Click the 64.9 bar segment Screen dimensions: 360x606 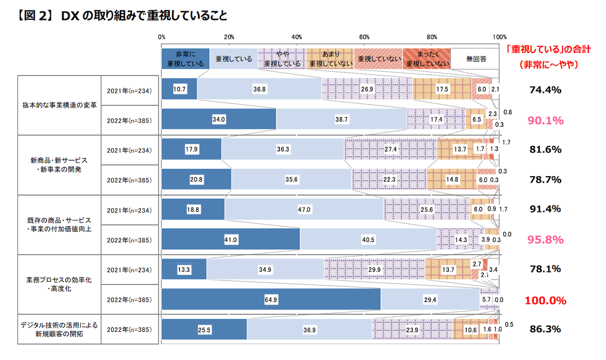(271, 299)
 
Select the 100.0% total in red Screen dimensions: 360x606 (545, 300)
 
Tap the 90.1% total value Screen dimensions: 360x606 (545, 121)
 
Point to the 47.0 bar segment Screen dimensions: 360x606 (304, 209)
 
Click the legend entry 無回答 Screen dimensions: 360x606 (475, 59)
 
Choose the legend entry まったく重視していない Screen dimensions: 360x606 (427, 59)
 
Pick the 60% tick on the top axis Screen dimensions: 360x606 (364, 37)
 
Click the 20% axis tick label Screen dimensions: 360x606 (229, 37)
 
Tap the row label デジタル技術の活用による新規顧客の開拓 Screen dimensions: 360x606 (59, 329)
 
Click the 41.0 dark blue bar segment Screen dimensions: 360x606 (230, 239)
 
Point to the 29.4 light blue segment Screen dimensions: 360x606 (430, 299)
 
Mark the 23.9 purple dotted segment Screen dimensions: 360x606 (413, 330)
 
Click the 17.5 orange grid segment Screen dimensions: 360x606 (442, 89)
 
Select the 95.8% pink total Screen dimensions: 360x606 (545, 239)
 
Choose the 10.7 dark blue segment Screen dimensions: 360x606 (179, 89)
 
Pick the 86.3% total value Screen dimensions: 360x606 (545, 329)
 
